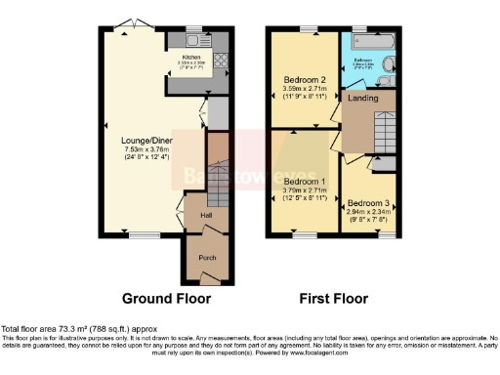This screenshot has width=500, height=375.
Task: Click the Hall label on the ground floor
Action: point(206,215)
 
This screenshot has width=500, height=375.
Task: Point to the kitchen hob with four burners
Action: point(221,69)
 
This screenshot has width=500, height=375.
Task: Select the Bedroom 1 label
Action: point(302,181)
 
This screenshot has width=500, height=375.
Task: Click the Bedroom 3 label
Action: point(368,204)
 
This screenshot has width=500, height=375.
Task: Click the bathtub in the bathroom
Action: point(368,43)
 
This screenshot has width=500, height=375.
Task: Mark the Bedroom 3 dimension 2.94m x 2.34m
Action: point(368,215)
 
